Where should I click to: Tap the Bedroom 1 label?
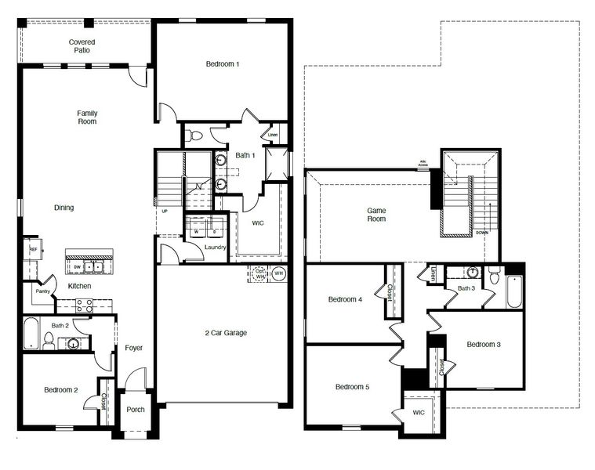pos(223,64)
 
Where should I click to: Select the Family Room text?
pos(87,117)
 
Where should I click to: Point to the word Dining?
pos(63,208)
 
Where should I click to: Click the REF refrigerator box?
pos(33,249)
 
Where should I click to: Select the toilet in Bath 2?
pos(49,340)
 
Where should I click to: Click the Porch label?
pos(135,409)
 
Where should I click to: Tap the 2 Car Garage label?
pos(224,333)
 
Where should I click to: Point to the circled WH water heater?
pos(279,273)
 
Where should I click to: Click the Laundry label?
pos(215,248)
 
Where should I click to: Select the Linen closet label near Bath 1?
pos(273,135)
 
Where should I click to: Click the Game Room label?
pos(377,215)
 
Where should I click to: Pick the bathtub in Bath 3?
pos(513,291)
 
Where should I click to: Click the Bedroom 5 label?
pos(352,387)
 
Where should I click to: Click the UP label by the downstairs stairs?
pos(164,211)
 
